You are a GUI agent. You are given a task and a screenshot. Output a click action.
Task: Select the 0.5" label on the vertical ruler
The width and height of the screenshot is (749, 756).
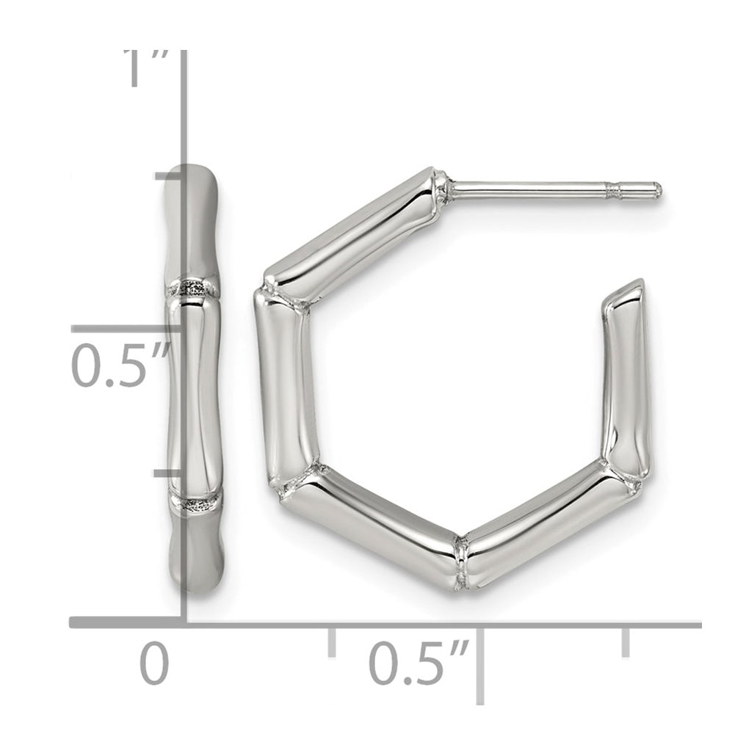pyautogui.click(x=120, y=365)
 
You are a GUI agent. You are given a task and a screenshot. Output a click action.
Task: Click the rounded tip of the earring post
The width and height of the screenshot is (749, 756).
pyautogui.click(x=657, y=189)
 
